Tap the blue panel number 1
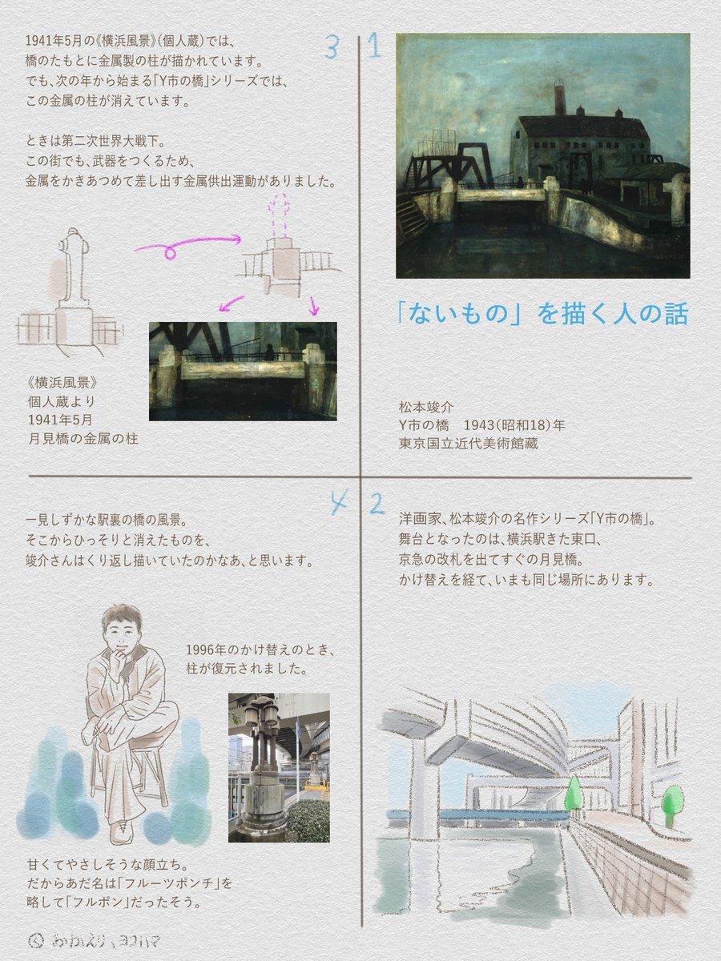tap(373, 46)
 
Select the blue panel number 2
tap(377, 504)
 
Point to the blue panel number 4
tap(340, 503)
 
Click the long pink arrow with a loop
tap(188, 245)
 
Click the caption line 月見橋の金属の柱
tap(83, 438)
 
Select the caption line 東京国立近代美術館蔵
tap(468, 444)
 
